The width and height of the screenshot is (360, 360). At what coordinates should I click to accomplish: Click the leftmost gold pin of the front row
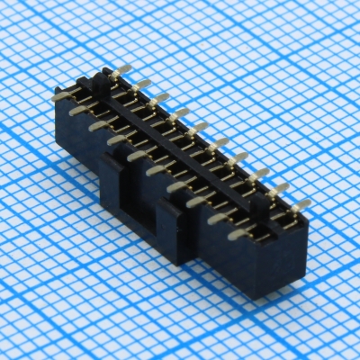[61, 94]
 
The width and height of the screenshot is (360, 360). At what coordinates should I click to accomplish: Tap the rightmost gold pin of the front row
[239, 234]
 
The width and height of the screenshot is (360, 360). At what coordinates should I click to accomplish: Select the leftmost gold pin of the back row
[123, 69]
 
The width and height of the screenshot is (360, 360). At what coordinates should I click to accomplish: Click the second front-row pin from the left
[79, 110]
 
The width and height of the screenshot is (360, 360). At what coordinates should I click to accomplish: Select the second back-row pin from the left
[142, 84]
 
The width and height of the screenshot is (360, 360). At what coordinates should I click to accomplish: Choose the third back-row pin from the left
[161, 97]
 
